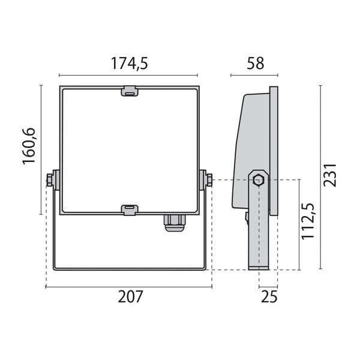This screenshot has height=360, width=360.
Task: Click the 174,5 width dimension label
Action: click(130, 63)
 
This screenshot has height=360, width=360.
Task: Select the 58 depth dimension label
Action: click(256, 63)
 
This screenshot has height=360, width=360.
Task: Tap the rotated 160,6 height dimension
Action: click(29, 146)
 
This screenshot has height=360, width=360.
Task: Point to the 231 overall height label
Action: click(329, 175)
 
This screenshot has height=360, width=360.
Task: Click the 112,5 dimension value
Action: click(308, 221)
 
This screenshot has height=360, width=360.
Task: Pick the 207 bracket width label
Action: click(130, 296)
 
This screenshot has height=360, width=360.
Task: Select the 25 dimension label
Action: click(269, 296)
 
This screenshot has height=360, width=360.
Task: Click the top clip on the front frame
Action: click(130, 91)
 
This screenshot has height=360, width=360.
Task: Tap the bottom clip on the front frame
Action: click(130, 210)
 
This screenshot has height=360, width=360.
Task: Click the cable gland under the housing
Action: click(175, 223)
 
